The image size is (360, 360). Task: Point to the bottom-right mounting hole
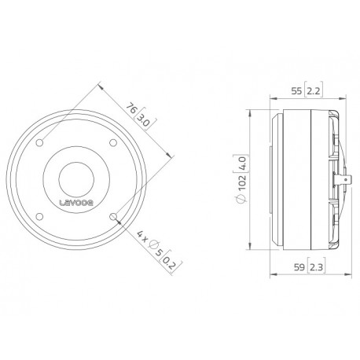tap(115, 214)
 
